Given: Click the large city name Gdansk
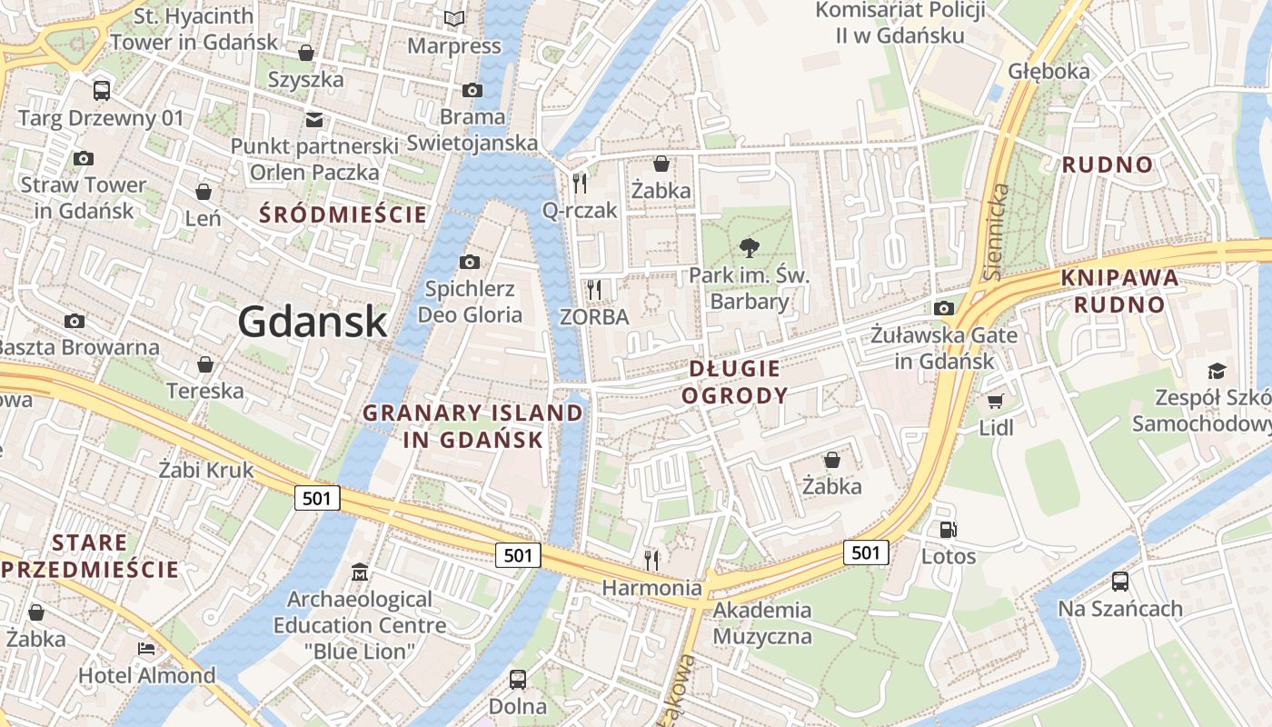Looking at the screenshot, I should pos(313,322).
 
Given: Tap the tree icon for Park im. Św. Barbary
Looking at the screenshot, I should pos(750,246).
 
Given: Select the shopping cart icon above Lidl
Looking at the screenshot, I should pos(996,400).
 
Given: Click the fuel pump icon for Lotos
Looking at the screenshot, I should pos(948,529).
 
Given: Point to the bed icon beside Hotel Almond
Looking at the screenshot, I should pos(145,648).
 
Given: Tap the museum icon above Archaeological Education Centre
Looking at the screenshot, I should pos(360,573).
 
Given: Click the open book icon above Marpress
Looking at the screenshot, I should pos(453,18).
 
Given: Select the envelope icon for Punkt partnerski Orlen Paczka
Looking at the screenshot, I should pos(313,119).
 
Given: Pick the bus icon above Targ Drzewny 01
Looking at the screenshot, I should pos(102,90).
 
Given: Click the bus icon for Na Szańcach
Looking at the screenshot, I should pos(1120,581).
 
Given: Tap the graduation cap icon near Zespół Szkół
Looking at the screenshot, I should pos(1216,371).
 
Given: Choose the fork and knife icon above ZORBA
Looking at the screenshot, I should pos(594,290).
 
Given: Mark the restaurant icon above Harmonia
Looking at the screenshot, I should pos(651,559).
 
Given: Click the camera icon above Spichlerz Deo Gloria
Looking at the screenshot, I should pos(470,262).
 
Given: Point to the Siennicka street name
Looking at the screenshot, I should pos(997,232).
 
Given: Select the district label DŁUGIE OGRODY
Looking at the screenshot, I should pos(734,382).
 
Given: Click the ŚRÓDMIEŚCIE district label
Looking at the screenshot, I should pos(343,215).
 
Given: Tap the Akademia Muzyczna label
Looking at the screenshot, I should pos(761,622).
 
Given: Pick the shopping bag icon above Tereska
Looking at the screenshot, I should pos(205,364).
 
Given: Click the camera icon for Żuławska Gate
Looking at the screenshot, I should pos(944,308).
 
